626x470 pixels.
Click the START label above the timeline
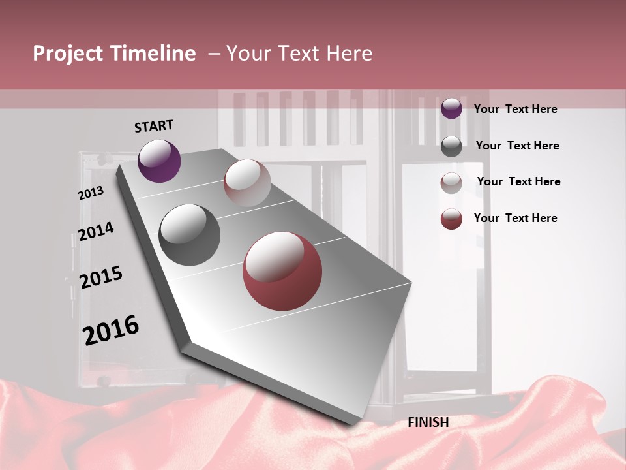click(154, 126)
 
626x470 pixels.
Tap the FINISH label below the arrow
click(428, 422)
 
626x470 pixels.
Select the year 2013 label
click(91, 193)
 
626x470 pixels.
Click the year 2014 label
click(96, 231)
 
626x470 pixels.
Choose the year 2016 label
click(111, 330)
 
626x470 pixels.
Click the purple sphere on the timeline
click(159, 161)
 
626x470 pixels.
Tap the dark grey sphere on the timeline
click(190, 235)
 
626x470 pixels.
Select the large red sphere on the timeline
click(282, 271)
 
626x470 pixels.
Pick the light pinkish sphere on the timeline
click(247, 183)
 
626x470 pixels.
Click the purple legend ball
click(451, 108)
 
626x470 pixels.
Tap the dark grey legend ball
click(451, 146)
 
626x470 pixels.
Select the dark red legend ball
click(451, 219)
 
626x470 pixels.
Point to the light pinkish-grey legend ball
click(451, 183)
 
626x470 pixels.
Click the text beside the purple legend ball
click(515, 109)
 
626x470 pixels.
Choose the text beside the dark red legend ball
click(515, 218)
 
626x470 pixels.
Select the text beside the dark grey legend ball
click(517, 146)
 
